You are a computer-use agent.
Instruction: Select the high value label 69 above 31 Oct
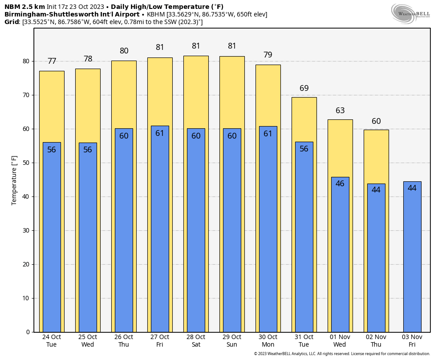304,88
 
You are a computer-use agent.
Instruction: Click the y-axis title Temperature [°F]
14,180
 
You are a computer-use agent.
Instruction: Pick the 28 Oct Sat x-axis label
196,341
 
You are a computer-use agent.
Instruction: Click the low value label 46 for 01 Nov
340,184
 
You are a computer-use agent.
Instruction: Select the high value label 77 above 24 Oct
52,61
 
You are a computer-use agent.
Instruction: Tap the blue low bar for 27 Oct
160,232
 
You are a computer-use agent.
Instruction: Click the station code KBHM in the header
156,14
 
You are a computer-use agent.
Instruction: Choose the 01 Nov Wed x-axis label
340,341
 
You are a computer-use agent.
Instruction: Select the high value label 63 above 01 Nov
340,110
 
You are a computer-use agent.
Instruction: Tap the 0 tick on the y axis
28,332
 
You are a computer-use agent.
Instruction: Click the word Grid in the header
12,22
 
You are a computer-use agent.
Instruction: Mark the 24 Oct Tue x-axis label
52,341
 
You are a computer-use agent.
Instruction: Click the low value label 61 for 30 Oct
268,133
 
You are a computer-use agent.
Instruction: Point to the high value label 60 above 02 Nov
376,121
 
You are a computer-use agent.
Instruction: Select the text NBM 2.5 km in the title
24,7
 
